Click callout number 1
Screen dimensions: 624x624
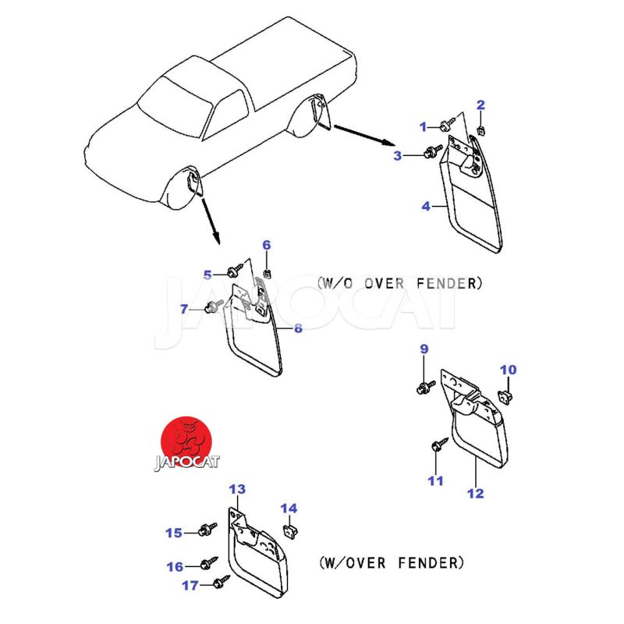click(x=424, y=126)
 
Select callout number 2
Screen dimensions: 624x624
click(x=480, y=105)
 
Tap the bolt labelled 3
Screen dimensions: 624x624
click(x=429, y=154)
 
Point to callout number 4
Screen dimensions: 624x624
click(x=426, y=207)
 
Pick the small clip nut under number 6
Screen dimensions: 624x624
click(x=268, y=272)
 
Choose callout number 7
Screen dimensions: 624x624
click(x=211, y=308)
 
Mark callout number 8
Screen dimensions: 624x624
click(x=298, y=328)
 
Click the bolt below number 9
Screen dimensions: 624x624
click(x=426, y=385)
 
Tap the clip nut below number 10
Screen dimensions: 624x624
click(x=505, y=395)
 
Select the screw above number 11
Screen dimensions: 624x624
click(x=435, y=447)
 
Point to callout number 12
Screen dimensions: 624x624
click(x=475, y=493)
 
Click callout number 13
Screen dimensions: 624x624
click(x=237, y=489)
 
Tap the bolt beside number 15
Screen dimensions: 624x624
click(x=206, y=531)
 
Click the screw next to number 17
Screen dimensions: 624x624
click(x=221, y=581)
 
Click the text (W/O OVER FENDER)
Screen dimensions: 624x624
click(x=399, y=282)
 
